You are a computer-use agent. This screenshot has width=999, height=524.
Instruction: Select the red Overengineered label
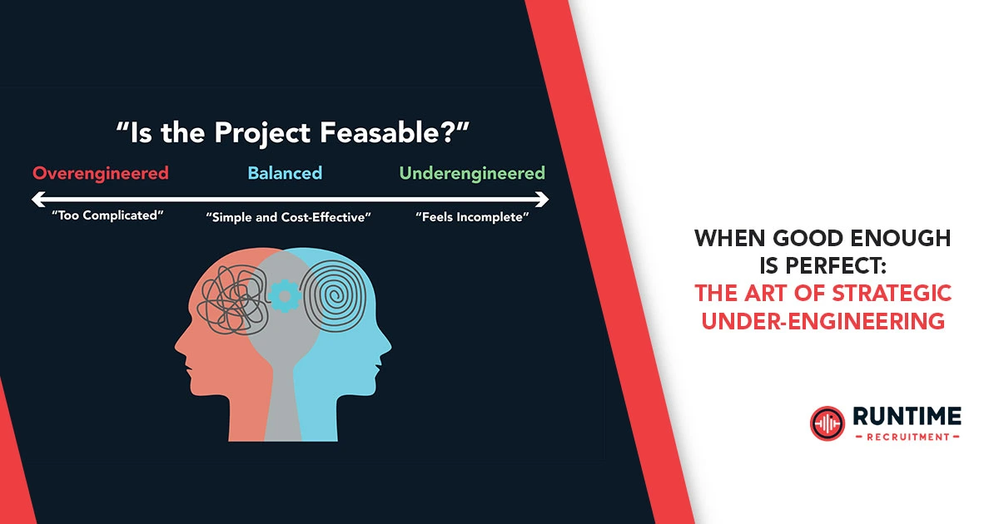click(x=101, y=174)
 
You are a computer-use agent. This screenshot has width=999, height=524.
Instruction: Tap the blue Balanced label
click(x=285, y=174)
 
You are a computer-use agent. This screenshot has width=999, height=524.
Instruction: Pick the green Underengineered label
click(x=472, y=174)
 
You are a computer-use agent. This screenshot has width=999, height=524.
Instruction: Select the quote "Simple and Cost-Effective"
click(x=288, y=218)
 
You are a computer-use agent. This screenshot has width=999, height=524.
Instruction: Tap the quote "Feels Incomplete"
click(x=472, y=218)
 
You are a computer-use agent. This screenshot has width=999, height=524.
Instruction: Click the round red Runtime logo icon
click(x=827, y=423)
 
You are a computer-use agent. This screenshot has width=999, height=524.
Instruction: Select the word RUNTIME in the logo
click(x=906, y=417)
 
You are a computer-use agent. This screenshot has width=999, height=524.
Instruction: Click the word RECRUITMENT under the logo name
click(x=906, y=436)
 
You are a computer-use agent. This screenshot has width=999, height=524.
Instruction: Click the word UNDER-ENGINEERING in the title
click(x=823, y=320)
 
